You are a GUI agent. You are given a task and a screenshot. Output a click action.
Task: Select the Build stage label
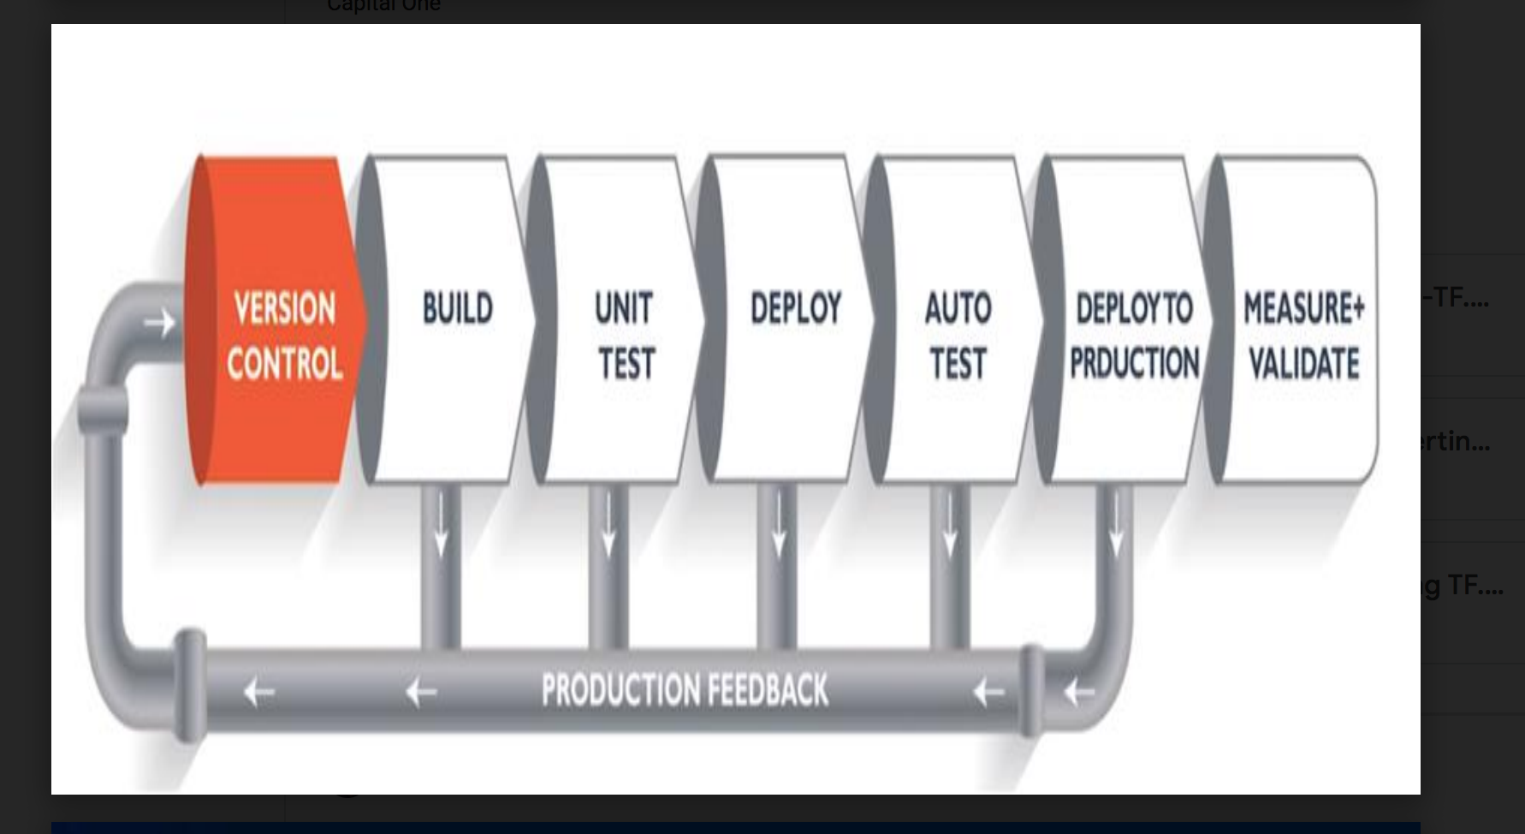pos(458,308)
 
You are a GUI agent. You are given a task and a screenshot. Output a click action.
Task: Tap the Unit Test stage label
pos(625,336)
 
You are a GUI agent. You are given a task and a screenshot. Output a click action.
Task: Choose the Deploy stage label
pos(796,308)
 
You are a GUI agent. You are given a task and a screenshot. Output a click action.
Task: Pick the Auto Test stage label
pos(958,336)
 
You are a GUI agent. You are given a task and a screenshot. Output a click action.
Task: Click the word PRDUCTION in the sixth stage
pos(1134,363)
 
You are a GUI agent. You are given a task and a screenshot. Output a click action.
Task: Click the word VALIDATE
pos(1303,363)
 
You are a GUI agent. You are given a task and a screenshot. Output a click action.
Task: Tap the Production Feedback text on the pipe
pos(685,690)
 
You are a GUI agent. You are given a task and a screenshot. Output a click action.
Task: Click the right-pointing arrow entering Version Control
pos(159,323)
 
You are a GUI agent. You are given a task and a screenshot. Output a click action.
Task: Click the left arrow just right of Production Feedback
pos(988,692)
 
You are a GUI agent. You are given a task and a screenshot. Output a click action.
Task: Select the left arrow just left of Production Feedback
pos(421,692)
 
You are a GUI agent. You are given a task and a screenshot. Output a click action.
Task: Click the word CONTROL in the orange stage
pos(284,365)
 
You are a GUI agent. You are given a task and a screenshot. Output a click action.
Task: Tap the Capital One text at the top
pos(383,6)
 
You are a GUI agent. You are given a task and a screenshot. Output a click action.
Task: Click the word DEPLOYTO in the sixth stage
pos(1134,308)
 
